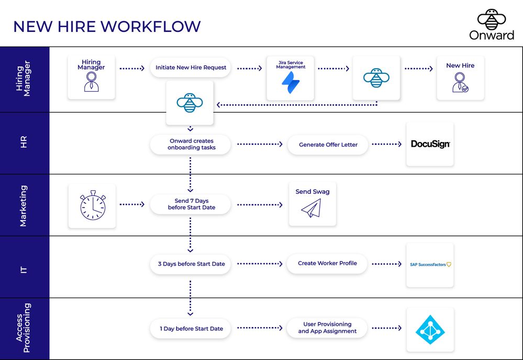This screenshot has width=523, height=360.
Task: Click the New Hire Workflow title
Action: click(107, 27)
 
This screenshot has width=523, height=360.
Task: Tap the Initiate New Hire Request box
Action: click(191, 68)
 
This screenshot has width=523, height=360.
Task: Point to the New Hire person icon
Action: click(460, 83)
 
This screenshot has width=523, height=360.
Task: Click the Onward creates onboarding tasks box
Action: click(191, 144)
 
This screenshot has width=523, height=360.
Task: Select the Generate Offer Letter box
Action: click(328, 145)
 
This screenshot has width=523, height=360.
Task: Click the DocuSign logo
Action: click(430, 144)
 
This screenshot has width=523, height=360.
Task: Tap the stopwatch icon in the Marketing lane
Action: click(92, 206)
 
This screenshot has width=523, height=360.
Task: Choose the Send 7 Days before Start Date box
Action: click(191, 204)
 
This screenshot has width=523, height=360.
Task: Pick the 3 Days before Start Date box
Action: click(191, 264)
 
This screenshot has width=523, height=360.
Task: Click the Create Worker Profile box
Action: click(327, 264)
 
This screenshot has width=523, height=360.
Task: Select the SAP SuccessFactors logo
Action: click(430, 265)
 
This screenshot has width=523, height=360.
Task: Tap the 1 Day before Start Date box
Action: click(191, 329)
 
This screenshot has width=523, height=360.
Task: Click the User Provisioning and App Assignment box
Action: click(327, 328)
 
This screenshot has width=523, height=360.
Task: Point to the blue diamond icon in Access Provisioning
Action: click(430, 330)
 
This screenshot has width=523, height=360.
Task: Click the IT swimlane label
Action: click(24, 270)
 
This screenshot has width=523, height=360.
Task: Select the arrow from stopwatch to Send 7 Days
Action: click(132, 204)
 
